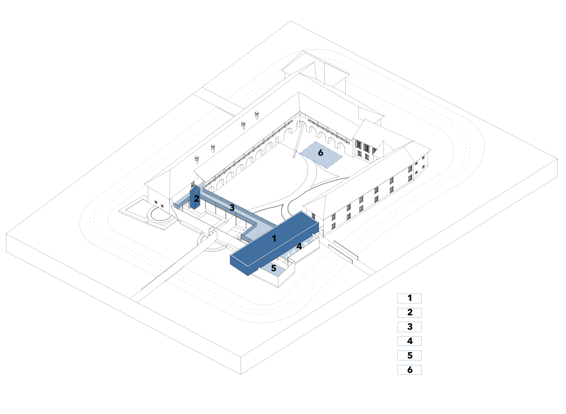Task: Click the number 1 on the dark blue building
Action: [x=274, y=238]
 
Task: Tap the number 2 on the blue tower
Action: [x=196, y=198]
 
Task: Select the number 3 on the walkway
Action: [x=232, y=208]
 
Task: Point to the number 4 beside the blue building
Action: [x=299, y=246]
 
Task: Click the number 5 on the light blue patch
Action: [x=274, y=268]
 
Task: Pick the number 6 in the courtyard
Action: [x=320, y=153]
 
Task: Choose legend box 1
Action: [x=409, y=298]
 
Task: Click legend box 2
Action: [x=409, y=312]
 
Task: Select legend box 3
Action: [x=409, y=327]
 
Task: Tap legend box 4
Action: [x=409, y=341]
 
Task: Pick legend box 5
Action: [x=409, y=355]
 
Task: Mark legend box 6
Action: [x=409, y=370]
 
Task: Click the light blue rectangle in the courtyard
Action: [x=320, y=155]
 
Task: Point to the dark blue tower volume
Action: [x=195, y=197]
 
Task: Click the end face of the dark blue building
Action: [x=239, y=265]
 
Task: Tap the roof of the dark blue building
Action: [x=274, y=237]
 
